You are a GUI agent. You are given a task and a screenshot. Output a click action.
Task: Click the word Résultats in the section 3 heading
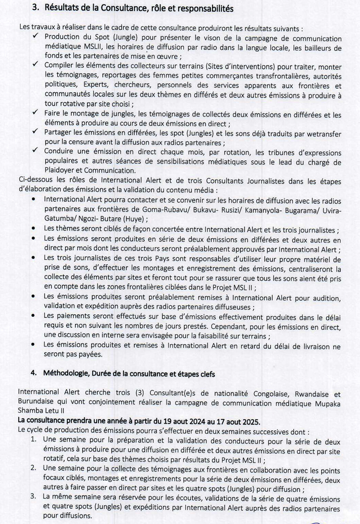tap(63, 8)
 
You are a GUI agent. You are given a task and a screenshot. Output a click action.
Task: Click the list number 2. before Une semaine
tap(33, 467)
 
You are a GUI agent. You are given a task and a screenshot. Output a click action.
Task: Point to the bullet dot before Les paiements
tap(33, 316)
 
